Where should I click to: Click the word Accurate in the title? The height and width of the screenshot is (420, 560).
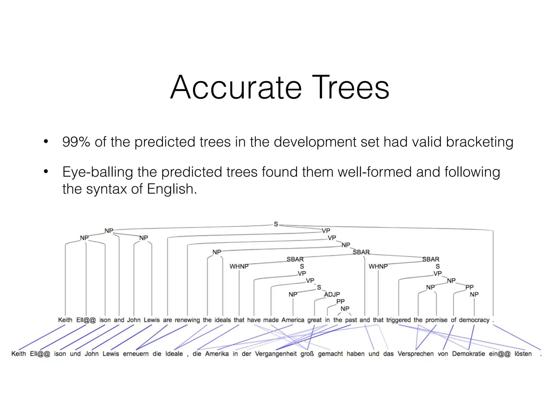coord(236,87)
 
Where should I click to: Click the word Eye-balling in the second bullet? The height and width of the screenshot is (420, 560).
coord(97,173)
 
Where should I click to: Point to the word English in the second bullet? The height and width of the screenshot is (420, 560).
coord(171,189)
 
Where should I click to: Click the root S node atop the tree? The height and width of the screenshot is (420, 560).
coord(276,224)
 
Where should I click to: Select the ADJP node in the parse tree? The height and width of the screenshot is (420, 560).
coord(332,294)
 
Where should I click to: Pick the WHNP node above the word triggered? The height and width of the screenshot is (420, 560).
coord(378,266)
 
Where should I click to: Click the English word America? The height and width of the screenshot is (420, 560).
coord(293,320)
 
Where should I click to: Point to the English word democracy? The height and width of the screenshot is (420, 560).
coord(474,320)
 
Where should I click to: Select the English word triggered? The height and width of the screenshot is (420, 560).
coord(398,320)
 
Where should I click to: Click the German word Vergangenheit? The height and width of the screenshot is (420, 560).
coord(276,354)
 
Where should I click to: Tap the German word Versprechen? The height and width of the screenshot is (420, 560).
coord(416,354)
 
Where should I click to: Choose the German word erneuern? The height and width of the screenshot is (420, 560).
coord(136,354)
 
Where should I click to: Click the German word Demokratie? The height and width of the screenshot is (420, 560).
coord(468,354)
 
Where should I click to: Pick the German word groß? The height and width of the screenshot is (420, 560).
coord(307,354)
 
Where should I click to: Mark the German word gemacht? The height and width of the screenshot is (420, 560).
coord(330,354)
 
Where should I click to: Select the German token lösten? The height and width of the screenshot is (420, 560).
coord(523,354)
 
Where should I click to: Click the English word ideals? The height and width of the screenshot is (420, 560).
coord(223,320)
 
